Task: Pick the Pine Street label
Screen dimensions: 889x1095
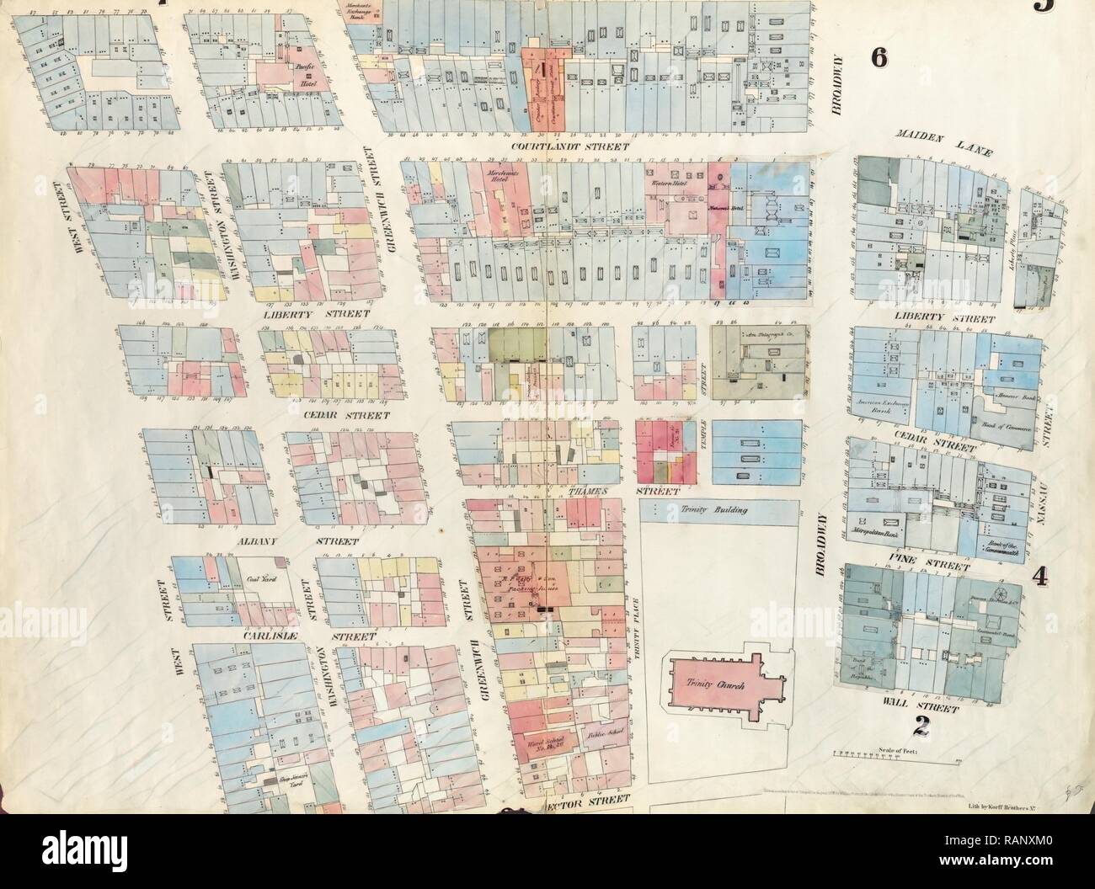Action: tap(932, 556)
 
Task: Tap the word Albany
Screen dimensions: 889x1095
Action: tap(263, 542)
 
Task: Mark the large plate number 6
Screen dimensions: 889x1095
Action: tap(880, 83)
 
